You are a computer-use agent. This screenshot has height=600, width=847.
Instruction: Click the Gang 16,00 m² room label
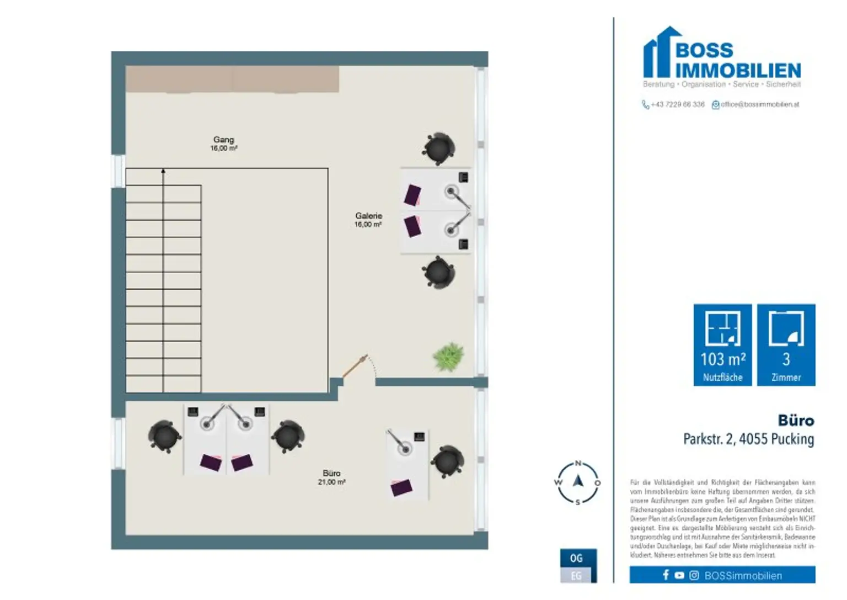[x=223, y=144]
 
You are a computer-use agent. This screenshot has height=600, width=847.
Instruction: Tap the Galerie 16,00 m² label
[x=368, y=220]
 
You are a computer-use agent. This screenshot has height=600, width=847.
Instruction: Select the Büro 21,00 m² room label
[x=331, y=477]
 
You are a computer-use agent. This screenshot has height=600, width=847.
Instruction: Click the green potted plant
[x=448, y=357]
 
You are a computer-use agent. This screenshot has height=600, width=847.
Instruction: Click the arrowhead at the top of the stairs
[x=163, y=172]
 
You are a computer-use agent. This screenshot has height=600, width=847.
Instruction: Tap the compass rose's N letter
[x=578, y=463]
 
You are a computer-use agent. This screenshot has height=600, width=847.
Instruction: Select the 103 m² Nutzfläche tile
[x=722, y=345]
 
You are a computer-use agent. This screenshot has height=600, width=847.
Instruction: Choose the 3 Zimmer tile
[x=786, y=345]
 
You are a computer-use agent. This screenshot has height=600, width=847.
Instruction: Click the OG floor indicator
[x=576, y=558]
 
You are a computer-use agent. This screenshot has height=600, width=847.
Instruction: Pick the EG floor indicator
[x=576, y=576]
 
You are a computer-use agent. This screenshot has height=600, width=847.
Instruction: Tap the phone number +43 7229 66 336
[x=677, y=104]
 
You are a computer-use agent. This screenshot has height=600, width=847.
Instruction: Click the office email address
[x=759, y=104]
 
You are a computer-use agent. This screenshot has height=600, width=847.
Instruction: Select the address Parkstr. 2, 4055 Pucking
[x=748, y=439]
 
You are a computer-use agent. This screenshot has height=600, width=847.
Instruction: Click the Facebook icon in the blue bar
[x=666, y=575]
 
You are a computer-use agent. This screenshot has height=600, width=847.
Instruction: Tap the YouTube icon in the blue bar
[x=679, y=575]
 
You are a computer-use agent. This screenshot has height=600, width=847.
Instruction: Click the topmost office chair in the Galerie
[x=439, y=148]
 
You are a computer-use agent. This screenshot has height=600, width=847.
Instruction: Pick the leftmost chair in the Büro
[x=164, y=437]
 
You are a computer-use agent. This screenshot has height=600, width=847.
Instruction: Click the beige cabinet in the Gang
[x=232, y=79]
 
